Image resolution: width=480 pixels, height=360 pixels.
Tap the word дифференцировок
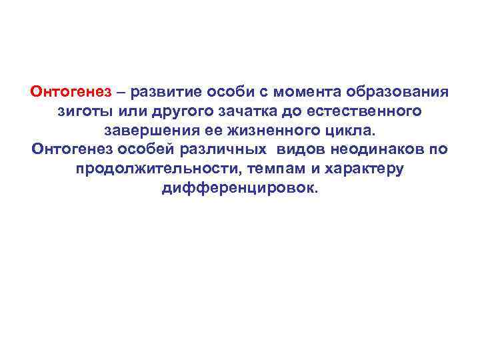pyautogui.click(x=240, y=187)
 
